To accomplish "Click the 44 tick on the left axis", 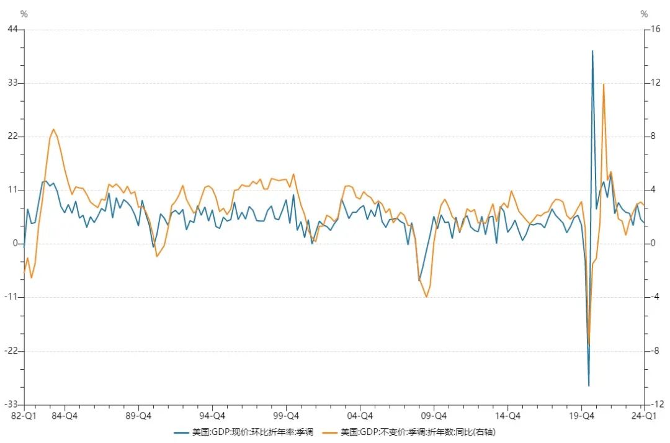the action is pos(13,29).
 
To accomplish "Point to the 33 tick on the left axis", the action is pos(13,83).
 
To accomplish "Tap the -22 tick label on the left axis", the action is pos(11,351).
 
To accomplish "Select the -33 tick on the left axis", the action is pos(11,404).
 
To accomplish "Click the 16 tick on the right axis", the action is pos(655,29).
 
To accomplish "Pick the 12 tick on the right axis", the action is pos(655,83).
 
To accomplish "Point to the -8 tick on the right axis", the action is pos(654,351).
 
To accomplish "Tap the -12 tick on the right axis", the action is pos(657,404).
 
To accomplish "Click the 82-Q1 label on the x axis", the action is pos(24,415).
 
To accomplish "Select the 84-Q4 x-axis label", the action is pos(65,415).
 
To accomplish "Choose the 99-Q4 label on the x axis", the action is pos(286,415).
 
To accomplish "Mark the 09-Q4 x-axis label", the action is pos(434,415).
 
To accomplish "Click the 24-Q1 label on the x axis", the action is pos(643,415).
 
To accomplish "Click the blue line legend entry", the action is pos(244,432).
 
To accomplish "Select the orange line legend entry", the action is pos(409,432).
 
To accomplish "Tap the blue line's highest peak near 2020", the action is pos(592,51).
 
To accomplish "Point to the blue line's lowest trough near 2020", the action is pos(589,386).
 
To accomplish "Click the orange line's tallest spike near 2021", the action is pos(604,84).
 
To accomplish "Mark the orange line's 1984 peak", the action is pos(53,129).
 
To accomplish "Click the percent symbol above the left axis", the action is pos(24,14).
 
